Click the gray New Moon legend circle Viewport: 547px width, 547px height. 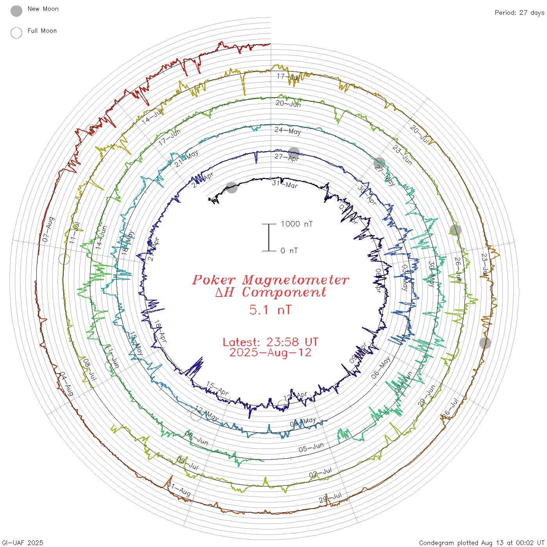pyautogui.click(x=16, y=11)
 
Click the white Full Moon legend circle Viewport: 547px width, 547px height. pyautogui.click(x=16, y=33)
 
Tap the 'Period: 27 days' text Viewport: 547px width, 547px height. pyautogui.click(x=519, y=13)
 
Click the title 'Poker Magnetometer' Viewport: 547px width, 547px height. pyautogui.click(x=270, y=280)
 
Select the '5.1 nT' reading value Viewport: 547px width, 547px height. pyautogui.click(x=270, y=310)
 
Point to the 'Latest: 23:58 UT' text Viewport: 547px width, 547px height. pyautogui.click(x=270, y=342)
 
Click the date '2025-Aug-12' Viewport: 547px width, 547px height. pyautogui.click(x=270, y=352)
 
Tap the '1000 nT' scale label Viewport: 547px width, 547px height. pyautogui.click(x=297, y=224)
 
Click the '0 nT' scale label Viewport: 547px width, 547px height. pyautogui.click(x=289, y=251)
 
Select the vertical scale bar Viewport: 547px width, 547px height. pyautogui.click(x=269, y=238)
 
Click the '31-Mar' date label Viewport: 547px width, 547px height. pyautogui.click(x=285, y=184)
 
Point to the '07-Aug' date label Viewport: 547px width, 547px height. pyautogui.click(x=48, y=229)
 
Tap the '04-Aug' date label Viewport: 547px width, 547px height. pyautogui.click(x=66, y=384)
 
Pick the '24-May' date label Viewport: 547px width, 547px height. pyautogui.click(x=288, y=130)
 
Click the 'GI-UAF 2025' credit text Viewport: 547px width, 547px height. pyautogui.click(x=22, y=543)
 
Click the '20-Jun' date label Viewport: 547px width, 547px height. pyautogui.click(x=288, y=104)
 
